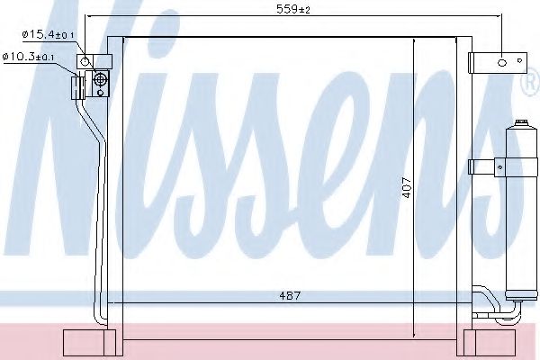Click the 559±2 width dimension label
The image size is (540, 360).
(293, 9)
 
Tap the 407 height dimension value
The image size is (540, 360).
(407, 187)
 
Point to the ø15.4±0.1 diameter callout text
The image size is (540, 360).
(49, 35)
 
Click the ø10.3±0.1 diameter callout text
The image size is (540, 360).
(28, 57)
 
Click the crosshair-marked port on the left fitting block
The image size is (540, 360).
(100, 79)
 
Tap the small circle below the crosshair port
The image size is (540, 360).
(100, 93)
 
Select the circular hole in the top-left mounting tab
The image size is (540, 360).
(85, 62)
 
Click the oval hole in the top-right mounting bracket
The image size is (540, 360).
(502, 63)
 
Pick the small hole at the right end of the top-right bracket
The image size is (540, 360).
(519, 60)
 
